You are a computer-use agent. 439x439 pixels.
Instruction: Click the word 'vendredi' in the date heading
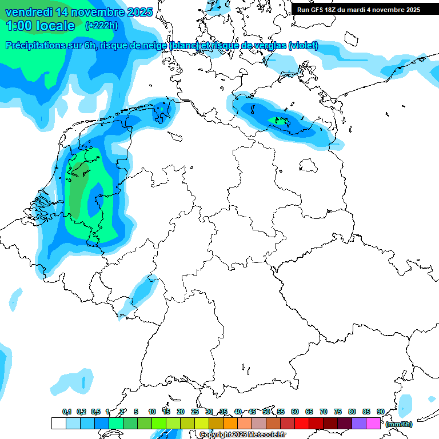(29, 12)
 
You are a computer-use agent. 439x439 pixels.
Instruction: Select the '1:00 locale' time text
(40, 26)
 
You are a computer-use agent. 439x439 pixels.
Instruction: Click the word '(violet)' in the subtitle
(303, 46)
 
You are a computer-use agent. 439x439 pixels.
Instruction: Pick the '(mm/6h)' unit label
(399, 424)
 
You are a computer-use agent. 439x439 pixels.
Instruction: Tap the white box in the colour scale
(58, 424)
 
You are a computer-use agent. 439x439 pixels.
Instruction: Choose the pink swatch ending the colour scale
(373, 424)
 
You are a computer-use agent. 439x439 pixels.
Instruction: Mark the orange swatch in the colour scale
(230, 424)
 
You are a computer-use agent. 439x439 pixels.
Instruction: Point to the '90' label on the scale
(381, 412)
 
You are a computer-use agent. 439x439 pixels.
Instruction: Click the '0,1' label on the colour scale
(66, 412)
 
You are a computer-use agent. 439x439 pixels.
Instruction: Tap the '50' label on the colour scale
(266, 412)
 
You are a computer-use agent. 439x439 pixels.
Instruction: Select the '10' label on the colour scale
(152, 412)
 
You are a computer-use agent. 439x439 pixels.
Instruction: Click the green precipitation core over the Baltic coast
(282, 121)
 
